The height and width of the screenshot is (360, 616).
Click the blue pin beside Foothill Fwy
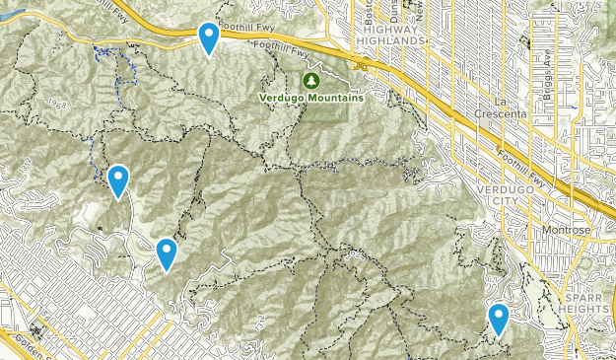point(209,37)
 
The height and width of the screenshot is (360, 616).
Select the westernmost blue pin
point(118,180)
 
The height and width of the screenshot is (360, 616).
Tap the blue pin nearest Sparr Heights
point(499,320)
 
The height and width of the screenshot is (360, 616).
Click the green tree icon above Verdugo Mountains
point(311,79)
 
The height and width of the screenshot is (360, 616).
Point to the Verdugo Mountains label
point(311,98)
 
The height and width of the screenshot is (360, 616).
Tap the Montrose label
point(566,231)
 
